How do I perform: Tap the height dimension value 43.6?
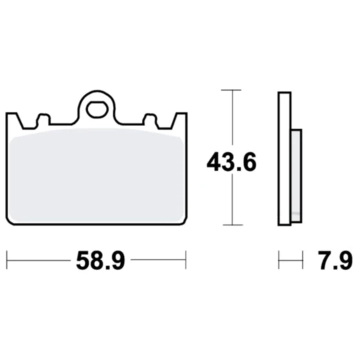[x=231, y=163]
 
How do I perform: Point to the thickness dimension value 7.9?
[x=336, y=261]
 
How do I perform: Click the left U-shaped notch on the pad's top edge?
[x=43, y=120]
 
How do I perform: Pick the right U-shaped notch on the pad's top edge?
[x=149, y=120]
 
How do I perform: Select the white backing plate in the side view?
[x=283, y=159]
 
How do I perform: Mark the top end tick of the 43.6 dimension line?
[x=231, y=90]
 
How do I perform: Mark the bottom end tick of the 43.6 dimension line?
[x=231, y=225]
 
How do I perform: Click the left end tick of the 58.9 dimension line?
[x=6, y=261]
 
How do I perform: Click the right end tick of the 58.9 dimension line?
[x=186, y=261]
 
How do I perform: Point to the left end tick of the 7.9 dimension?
[x=279, y=261]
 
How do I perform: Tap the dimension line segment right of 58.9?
[x=158, y=261]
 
